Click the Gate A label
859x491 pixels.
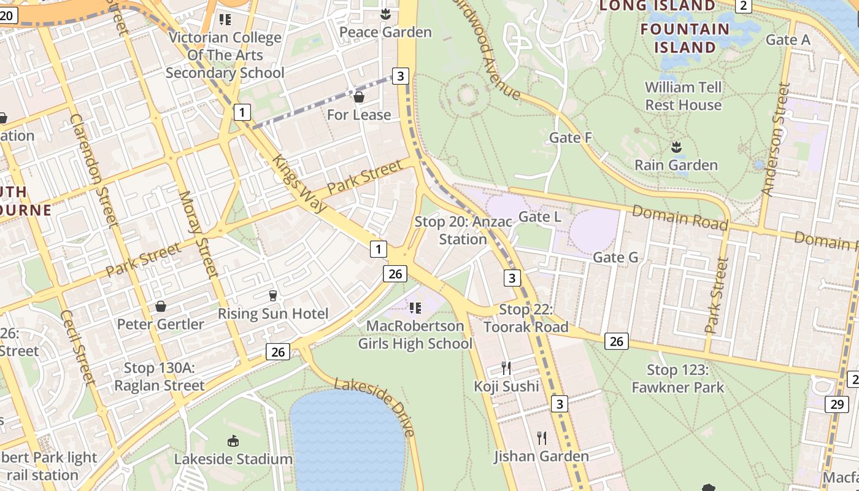(788, 40)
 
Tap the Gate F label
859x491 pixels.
(570, 137)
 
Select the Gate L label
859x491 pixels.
(539, 217)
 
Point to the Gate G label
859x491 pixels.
(615, 258)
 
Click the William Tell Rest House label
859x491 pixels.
(683, 96)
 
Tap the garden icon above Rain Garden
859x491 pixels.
(676, 147)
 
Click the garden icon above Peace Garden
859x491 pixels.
(385, 14)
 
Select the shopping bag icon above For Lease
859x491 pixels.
(359, 97)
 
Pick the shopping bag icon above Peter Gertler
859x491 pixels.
(161, 306)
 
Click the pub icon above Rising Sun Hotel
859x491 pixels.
(273, 296)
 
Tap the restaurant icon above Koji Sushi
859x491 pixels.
(506, 368)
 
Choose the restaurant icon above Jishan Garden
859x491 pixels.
(541, 438)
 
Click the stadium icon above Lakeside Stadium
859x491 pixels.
(233, 441)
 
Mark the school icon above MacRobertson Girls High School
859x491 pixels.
(415, 307)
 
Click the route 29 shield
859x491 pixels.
(837, 404)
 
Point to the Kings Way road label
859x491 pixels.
(300, 182)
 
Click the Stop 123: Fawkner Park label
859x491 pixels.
(677, 379)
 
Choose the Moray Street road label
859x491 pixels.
(198, 234)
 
